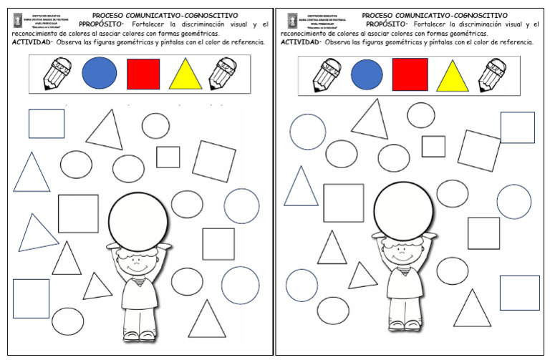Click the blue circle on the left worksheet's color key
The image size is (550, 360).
(x=100, y=73)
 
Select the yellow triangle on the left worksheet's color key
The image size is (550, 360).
(x=185, y=75)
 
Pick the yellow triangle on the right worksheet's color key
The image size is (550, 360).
(x=452, y=77)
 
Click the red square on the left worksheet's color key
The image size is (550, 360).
(x=143, y=73)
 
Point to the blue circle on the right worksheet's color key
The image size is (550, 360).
(x=367, y=74)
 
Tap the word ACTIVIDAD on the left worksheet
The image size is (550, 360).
(x=33, y=42)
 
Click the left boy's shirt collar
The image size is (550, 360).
(x=140, y=274)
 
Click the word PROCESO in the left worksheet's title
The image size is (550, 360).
(x=110, y=14)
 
